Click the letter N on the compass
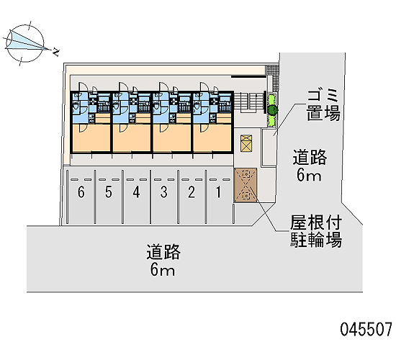pos(55,53)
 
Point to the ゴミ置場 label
pos(323,104)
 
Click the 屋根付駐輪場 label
pos(316,231)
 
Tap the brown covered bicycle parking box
pos(246,185)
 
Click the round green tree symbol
pos(272,110)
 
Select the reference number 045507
pos(366,330)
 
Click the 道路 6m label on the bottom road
pos(163,260)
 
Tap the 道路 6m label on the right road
pos(310,166)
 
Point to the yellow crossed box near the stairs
pos(246,143)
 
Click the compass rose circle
pos(24,43)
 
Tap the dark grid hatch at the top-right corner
pos(271,70)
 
